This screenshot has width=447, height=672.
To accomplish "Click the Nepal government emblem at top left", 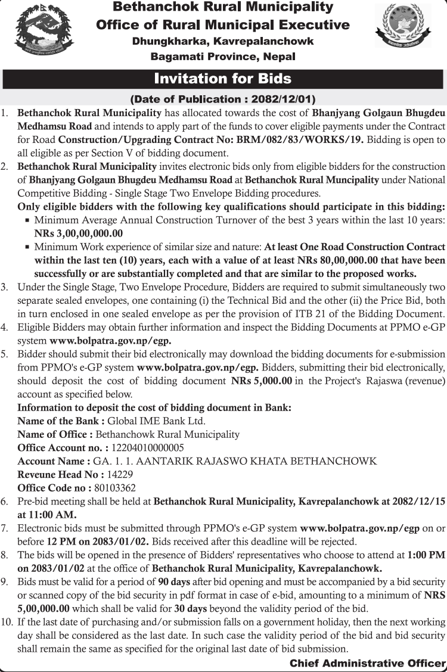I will click(38, 30).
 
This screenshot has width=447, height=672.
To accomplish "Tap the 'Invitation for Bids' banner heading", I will click(223, 79).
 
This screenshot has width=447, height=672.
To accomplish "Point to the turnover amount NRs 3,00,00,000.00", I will click(79, 234).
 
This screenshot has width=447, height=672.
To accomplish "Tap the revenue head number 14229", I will click(120, 474).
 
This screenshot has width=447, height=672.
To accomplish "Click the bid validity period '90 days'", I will click(173, 581).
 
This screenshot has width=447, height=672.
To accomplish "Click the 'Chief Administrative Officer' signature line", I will click(368, 663).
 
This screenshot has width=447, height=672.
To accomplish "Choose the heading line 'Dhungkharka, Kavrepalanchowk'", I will click(223, 41).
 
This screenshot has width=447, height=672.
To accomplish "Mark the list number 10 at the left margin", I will click(7, 622).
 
